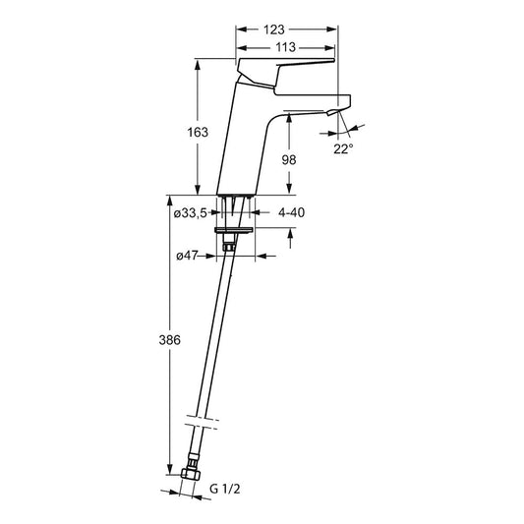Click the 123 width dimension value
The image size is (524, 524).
click(x=274, y=29)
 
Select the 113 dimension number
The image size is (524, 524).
click(x=285, y=47)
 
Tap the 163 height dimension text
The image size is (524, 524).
click(x=198, y=133)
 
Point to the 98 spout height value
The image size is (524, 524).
click(x=289, y=160)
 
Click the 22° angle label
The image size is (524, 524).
click(x=343, y=148)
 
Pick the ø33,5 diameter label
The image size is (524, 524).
click(x=191, y=213)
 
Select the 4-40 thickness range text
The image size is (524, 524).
click(x=291, y=212)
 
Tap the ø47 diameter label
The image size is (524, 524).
click(x=187, y=256)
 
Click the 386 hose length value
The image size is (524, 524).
click(x=169, y=340)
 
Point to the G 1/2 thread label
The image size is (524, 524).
click(x=224, y=489)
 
